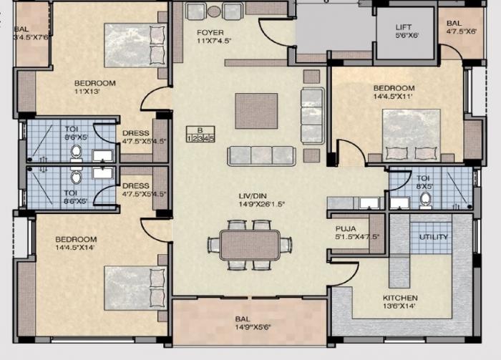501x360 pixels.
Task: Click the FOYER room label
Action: coord(210,33)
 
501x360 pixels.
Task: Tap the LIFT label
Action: coord(404,28)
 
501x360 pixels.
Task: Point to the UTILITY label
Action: coord(434,237)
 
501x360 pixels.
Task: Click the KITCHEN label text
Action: coord(401,298)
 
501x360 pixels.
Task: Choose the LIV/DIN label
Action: coord(254,195)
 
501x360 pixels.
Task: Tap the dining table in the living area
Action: coord(250,245)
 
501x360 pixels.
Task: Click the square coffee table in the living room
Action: coord(256,111)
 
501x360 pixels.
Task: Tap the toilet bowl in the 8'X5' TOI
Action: coord(425,198)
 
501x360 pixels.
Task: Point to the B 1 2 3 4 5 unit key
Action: coord(200,135)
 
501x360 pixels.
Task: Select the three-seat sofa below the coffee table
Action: coord(261,155)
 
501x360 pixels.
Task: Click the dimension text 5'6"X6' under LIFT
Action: coord(404,37)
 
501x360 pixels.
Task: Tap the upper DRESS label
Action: coord(135,132)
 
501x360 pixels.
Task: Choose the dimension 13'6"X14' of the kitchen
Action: coord(401,307)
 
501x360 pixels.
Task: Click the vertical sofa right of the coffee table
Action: coord(312,116)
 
